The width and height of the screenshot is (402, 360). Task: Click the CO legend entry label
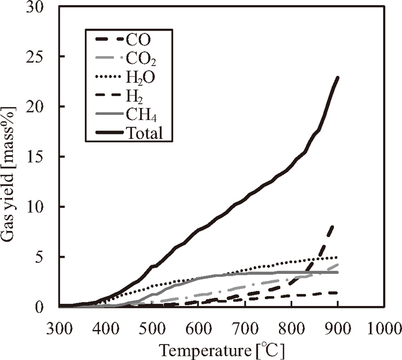(x=142, y=40)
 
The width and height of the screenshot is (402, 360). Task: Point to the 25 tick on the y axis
(x=41, y=56)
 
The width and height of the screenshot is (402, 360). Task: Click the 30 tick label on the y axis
(x=41, y=7)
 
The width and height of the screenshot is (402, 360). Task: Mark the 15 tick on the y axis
(x=41, y=157)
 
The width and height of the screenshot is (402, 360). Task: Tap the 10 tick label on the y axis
(x=41, y=207)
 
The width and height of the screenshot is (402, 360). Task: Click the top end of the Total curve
(x=338, y=78)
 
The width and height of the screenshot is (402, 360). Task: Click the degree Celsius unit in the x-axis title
(x=268, y=349)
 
